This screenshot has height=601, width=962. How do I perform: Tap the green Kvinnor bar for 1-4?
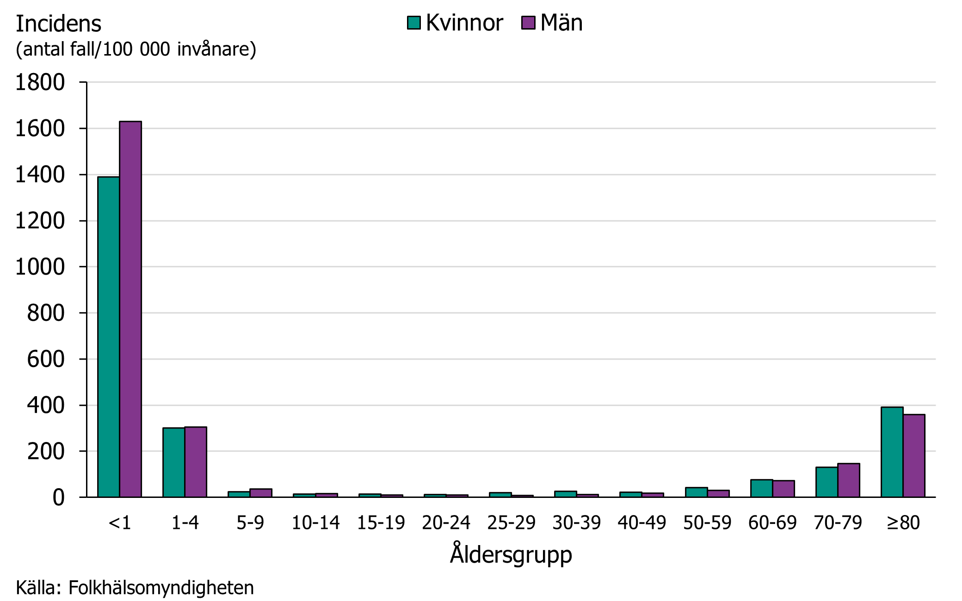point(174,462)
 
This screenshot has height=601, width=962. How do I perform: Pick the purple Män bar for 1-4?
point(196,462)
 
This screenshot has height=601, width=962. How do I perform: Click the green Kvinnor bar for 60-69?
point(762,488)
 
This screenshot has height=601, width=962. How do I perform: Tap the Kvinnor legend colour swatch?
point(414,23)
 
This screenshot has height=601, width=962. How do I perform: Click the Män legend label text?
point(561,23)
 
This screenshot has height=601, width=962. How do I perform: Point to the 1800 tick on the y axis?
point(40,83)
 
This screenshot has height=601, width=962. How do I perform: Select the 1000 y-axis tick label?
point(40,267)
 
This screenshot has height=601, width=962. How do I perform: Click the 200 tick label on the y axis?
point(46,452)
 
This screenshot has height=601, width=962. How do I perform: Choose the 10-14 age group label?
point(315,523)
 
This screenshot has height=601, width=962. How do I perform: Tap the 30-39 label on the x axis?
point(576,523)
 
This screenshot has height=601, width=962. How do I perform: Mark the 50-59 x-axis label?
point(707,523)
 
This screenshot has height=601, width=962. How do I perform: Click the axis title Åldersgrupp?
point(511,554)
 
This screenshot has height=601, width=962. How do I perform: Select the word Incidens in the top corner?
point(58,24)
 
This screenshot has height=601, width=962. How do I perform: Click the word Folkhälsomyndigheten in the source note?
point(161,588)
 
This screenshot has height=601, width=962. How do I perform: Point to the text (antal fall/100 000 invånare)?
point(136,49)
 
